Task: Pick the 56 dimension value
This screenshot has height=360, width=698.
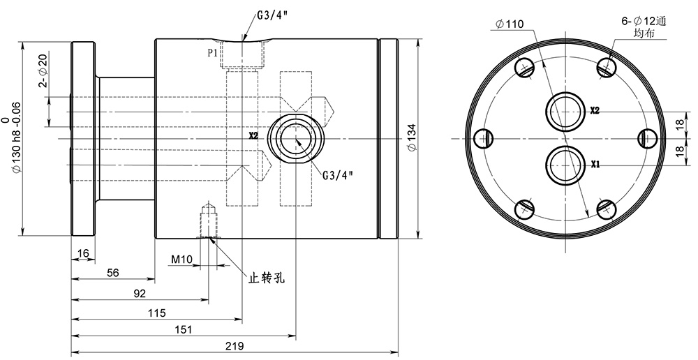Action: (112, 273)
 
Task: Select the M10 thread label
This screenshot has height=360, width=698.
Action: (181, 260)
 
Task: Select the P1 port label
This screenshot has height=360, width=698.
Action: (212, 52)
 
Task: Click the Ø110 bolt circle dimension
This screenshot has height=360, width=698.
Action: (510, 25)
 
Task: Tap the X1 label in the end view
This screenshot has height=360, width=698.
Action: (596, 165)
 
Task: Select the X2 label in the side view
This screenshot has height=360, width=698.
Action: (253, 135)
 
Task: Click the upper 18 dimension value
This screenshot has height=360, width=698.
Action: (680, 124)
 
